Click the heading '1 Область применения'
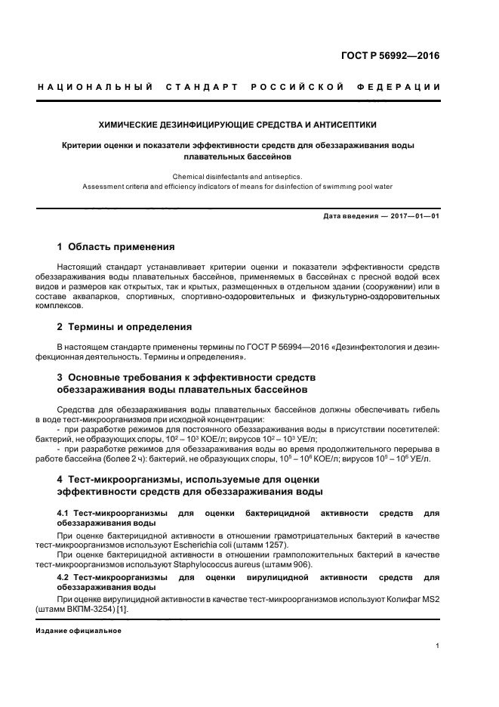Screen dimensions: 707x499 pyautogui.click(x=116, y=247)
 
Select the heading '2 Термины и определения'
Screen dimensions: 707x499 pyautogui.click(x=125, y=327)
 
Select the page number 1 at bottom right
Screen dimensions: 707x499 pyautogui.click(x=438, y=646)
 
